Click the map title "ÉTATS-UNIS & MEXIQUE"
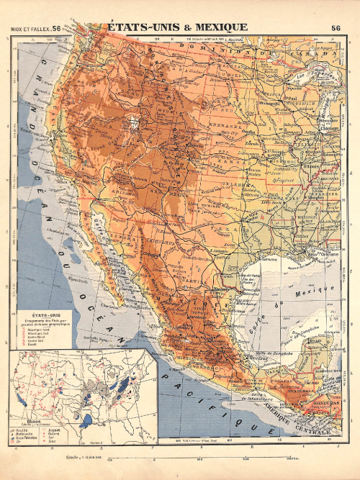(178, 27)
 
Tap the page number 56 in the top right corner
(336, 28)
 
